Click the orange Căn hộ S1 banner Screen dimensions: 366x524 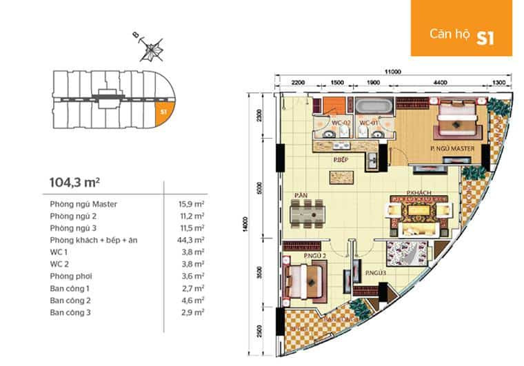pyautogui.click(x=461, y=28)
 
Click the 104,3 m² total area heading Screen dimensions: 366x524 pyautogui.click(x=75, y=183)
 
